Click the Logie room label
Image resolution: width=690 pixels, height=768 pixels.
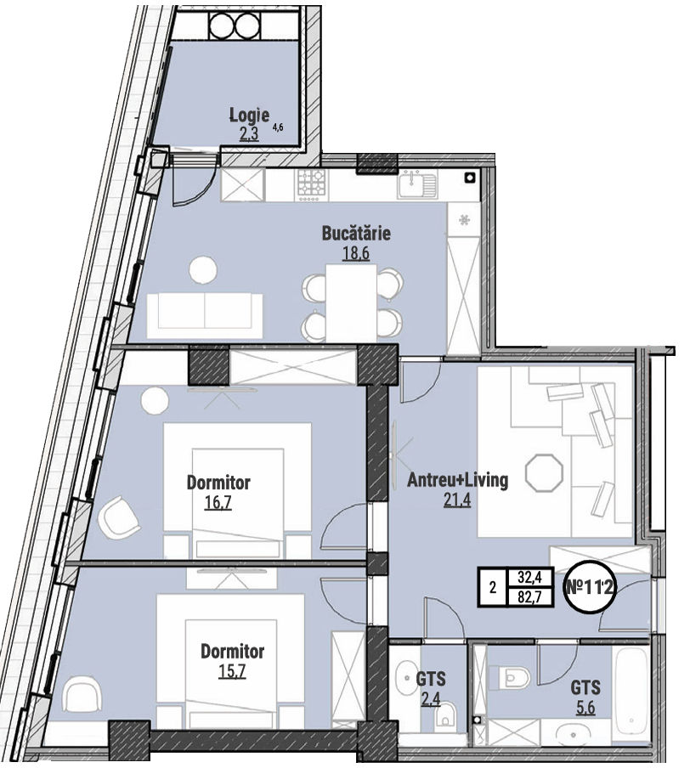pos(250,115)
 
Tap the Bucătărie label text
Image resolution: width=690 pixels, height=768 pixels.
pos(356,233)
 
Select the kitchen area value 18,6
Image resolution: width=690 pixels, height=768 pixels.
pos(356,254)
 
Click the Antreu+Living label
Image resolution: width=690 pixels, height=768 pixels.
pos(458,480)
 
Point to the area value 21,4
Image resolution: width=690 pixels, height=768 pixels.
pos(457,500)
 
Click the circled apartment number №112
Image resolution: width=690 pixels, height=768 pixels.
pos(590,586)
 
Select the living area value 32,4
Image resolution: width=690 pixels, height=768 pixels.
pos(529,578)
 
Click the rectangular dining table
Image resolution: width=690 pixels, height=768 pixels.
pos(351,302)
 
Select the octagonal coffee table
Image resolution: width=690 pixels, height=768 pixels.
pos(544,472)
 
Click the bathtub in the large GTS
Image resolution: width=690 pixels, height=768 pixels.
pos(632,692)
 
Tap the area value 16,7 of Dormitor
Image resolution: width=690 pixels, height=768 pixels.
pos(218,503)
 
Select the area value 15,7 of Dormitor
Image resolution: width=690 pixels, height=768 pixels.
pos(232,670)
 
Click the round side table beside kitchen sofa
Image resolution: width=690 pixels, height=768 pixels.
pos(203,269)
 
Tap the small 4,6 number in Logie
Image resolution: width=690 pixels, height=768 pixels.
pos(279,127)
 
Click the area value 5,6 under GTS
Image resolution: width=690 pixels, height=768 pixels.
pos(585,708)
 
